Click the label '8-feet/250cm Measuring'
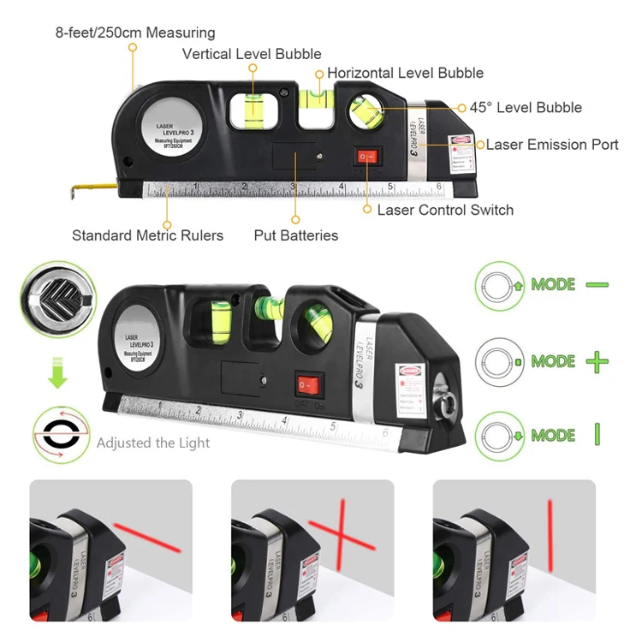(135, 33)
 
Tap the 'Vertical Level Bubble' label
(252, 54)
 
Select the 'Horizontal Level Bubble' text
(405, 73)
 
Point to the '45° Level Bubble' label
(526, 108)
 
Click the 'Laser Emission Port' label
(552, 145)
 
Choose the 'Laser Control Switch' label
(445, 210)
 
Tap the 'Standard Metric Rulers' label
(147, 235)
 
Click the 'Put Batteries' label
(296, 235)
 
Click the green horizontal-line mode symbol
(597, 284)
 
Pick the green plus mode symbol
(597, 361)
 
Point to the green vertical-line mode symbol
(597, 435)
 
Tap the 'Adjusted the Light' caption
(153, 443)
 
